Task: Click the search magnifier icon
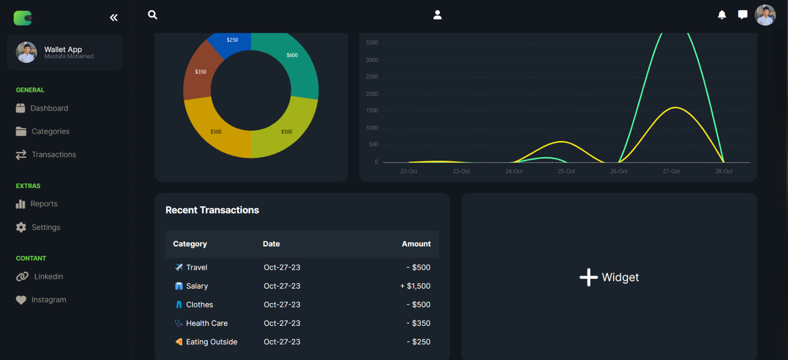(x=153, y=15)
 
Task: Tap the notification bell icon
(x=722, y=15)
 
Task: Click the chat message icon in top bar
(x=743, y=15)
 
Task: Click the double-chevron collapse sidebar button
(x=114, y=18)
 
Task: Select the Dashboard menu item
(x=49, y=108)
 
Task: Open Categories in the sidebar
(x=50, y=132)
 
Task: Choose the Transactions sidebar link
(x=54, y=154)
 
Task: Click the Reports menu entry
(x=44, y=204)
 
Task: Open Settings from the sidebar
(x=46, y=227)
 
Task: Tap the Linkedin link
(x=48, y=277)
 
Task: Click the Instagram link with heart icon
(x=48, y=300)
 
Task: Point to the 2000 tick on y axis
(x=372, y=94)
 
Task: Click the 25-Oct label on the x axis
(x=566, y=171)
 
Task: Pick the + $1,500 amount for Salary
(x=415, y=286)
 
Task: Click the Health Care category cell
(x=206, y=323)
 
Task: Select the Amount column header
(x=416, y=244)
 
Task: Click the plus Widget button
(x=609, y=277)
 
